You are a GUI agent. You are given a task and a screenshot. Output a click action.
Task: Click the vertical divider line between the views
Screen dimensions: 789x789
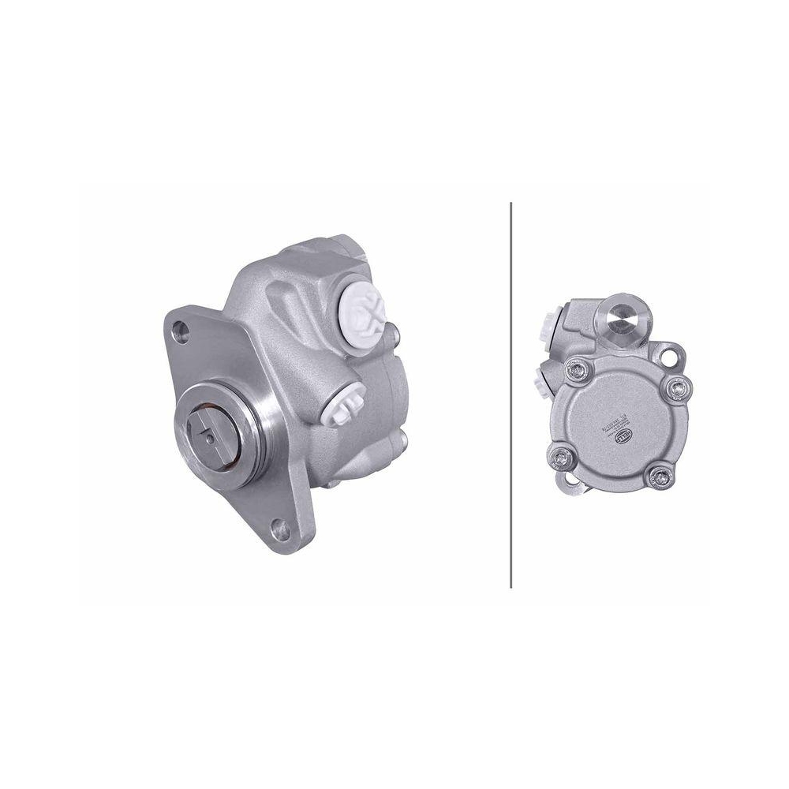click(x=511, y=394)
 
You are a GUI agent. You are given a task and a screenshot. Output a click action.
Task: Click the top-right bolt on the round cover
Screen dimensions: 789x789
click(x=676, y=387)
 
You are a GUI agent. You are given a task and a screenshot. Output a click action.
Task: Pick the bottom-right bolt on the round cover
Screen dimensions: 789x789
click(x=657, y=475)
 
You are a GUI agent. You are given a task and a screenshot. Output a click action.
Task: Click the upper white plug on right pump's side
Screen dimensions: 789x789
click(x=548, y=325)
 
